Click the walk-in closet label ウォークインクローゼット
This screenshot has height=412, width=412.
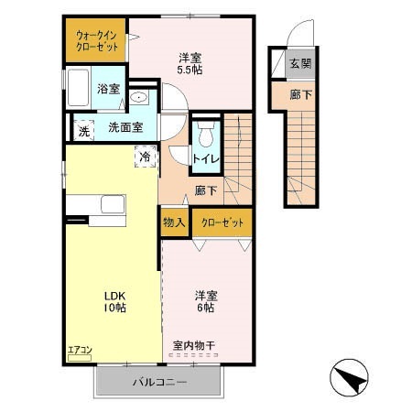click(x=97, y=39)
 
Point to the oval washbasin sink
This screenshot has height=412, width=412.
click(x=139, y=95)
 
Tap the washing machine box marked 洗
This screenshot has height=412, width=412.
click(x=83, y=129)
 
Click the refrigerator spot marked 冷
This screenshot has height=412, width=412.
click(x=145, y=157)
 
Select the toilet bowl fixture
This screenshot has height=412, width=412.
click(x=205, y=136)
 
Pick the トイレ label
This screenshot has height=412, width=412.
click(x=203, y=158)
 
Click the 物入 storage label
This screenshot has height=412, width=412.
click(x=174, y=222)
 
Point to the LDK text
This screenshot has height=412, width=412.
click(x=114, y=295)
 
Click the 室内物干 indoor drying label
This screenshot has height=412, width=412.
click(x=193, y=346)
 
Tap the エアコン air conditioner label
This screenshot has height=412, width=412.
click(x=81, y=349)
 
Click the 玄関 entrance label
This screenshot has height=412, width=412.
click(x=300, y=63)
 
